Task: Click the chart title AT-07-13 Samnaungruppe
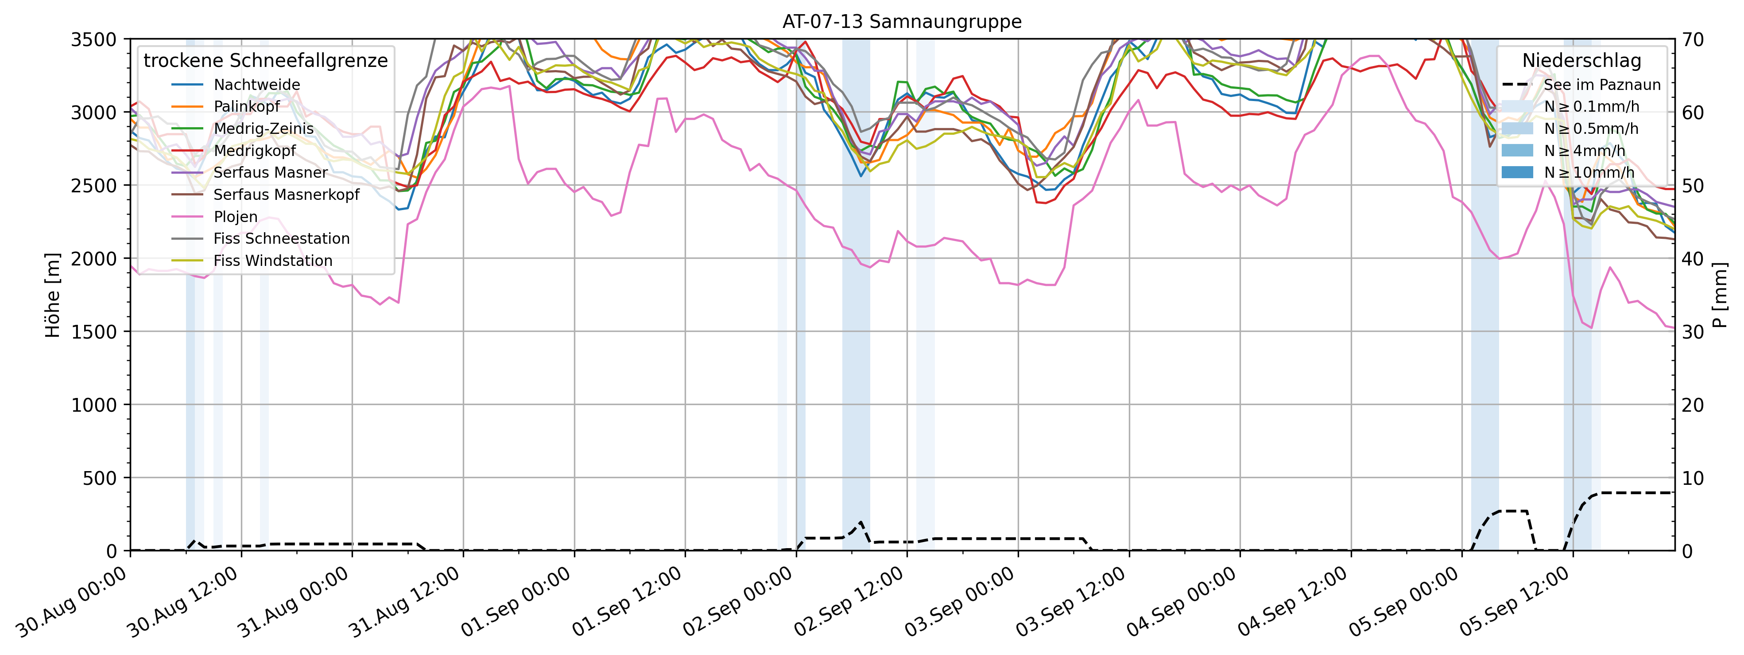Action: pyautogui.click(x=902, y=22)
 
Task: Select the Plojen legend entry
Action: pyautogui.click(x=235, y=217)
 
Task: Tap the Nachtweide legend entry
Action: pyautogui.click(x=256, y=85)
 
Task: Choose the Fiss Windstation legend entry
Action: pyautogui.click(x=273, y=261)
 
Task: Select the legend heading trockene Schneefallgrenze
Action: pyautogui.click(x=265, y=61)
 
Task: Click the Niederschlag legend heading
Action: pyautogui.click(x=1581, y=61)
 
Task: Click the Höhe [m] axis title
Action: pyautogui.click(x=53, y=295)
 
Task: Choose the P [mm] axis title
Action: pyautogui.click(x=1720, y=295)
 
